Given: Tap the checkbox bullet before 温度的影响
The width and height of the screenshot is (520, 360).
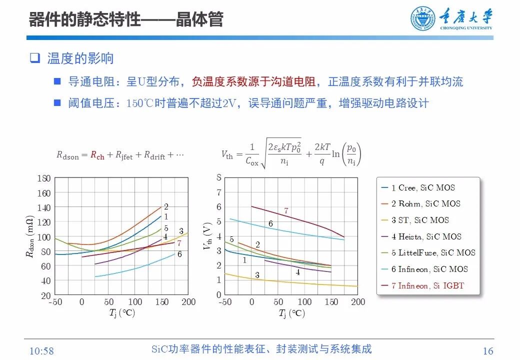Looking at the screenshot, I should (x=34, y=58).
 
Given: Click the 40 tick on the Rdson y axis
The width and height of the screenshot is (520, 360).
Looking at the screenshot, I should (x=45, y=281).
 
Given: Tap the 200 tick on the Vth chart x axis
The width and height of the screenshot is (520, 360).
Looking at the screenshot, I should (x=358, y=302).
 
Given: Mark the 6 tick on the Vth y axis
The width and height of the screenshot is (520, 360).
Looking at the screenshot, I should (x=218, y=207).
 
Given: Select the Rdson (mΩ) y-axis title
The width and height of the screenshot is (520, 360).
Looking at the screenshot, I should (x=30, y=236).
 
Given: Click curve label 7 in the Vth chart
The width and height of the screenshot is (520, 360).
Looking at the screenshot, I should (x=286, y=211).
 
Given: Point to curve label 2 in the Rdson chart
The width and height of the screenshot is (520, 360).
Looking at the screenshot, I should (x=166, y=206).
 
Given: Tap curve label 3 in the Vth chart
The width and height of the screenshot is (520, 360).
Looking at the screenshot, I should (x=257, y=275).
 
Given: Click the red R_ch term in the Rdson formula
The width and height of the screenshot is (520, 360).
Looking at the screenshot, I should (x=97, y=155).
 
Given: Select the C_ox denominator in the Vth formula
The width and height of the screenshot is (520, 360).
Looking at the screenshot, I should (x=252, y=160).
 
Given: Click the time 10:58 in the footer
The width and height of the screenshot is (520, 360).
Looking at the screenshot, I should (x=41, y=350).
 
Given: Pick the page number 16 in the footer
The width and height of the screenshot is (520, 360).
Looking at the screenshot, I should (x=488, y=350).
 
